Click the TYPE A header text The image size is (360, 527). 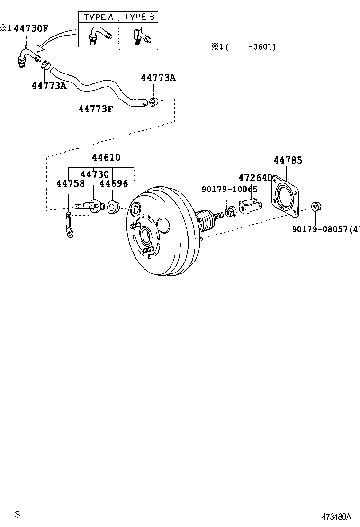(99, 17)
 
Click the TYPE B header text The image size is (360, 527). (139, 17)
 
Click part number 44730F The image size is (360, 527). (31, 28)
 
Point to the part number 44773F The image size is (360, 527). (96, 109)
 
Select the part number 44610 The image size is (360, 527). (106, 157)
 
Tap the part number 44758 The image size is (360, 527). (71, 183)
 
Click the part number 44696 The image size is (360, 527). (114, 183)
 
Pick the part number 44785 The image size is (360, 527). (288, 160)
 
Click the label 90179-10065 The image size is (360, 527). (229, 189)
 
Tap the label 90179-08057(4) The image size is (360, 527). (326, 229)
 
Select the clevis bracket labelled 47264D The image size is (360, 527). (251, 207)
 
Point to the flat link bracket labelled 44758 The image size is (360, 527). (70, 226)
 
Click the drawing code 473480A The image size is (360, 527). (337, 516)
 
